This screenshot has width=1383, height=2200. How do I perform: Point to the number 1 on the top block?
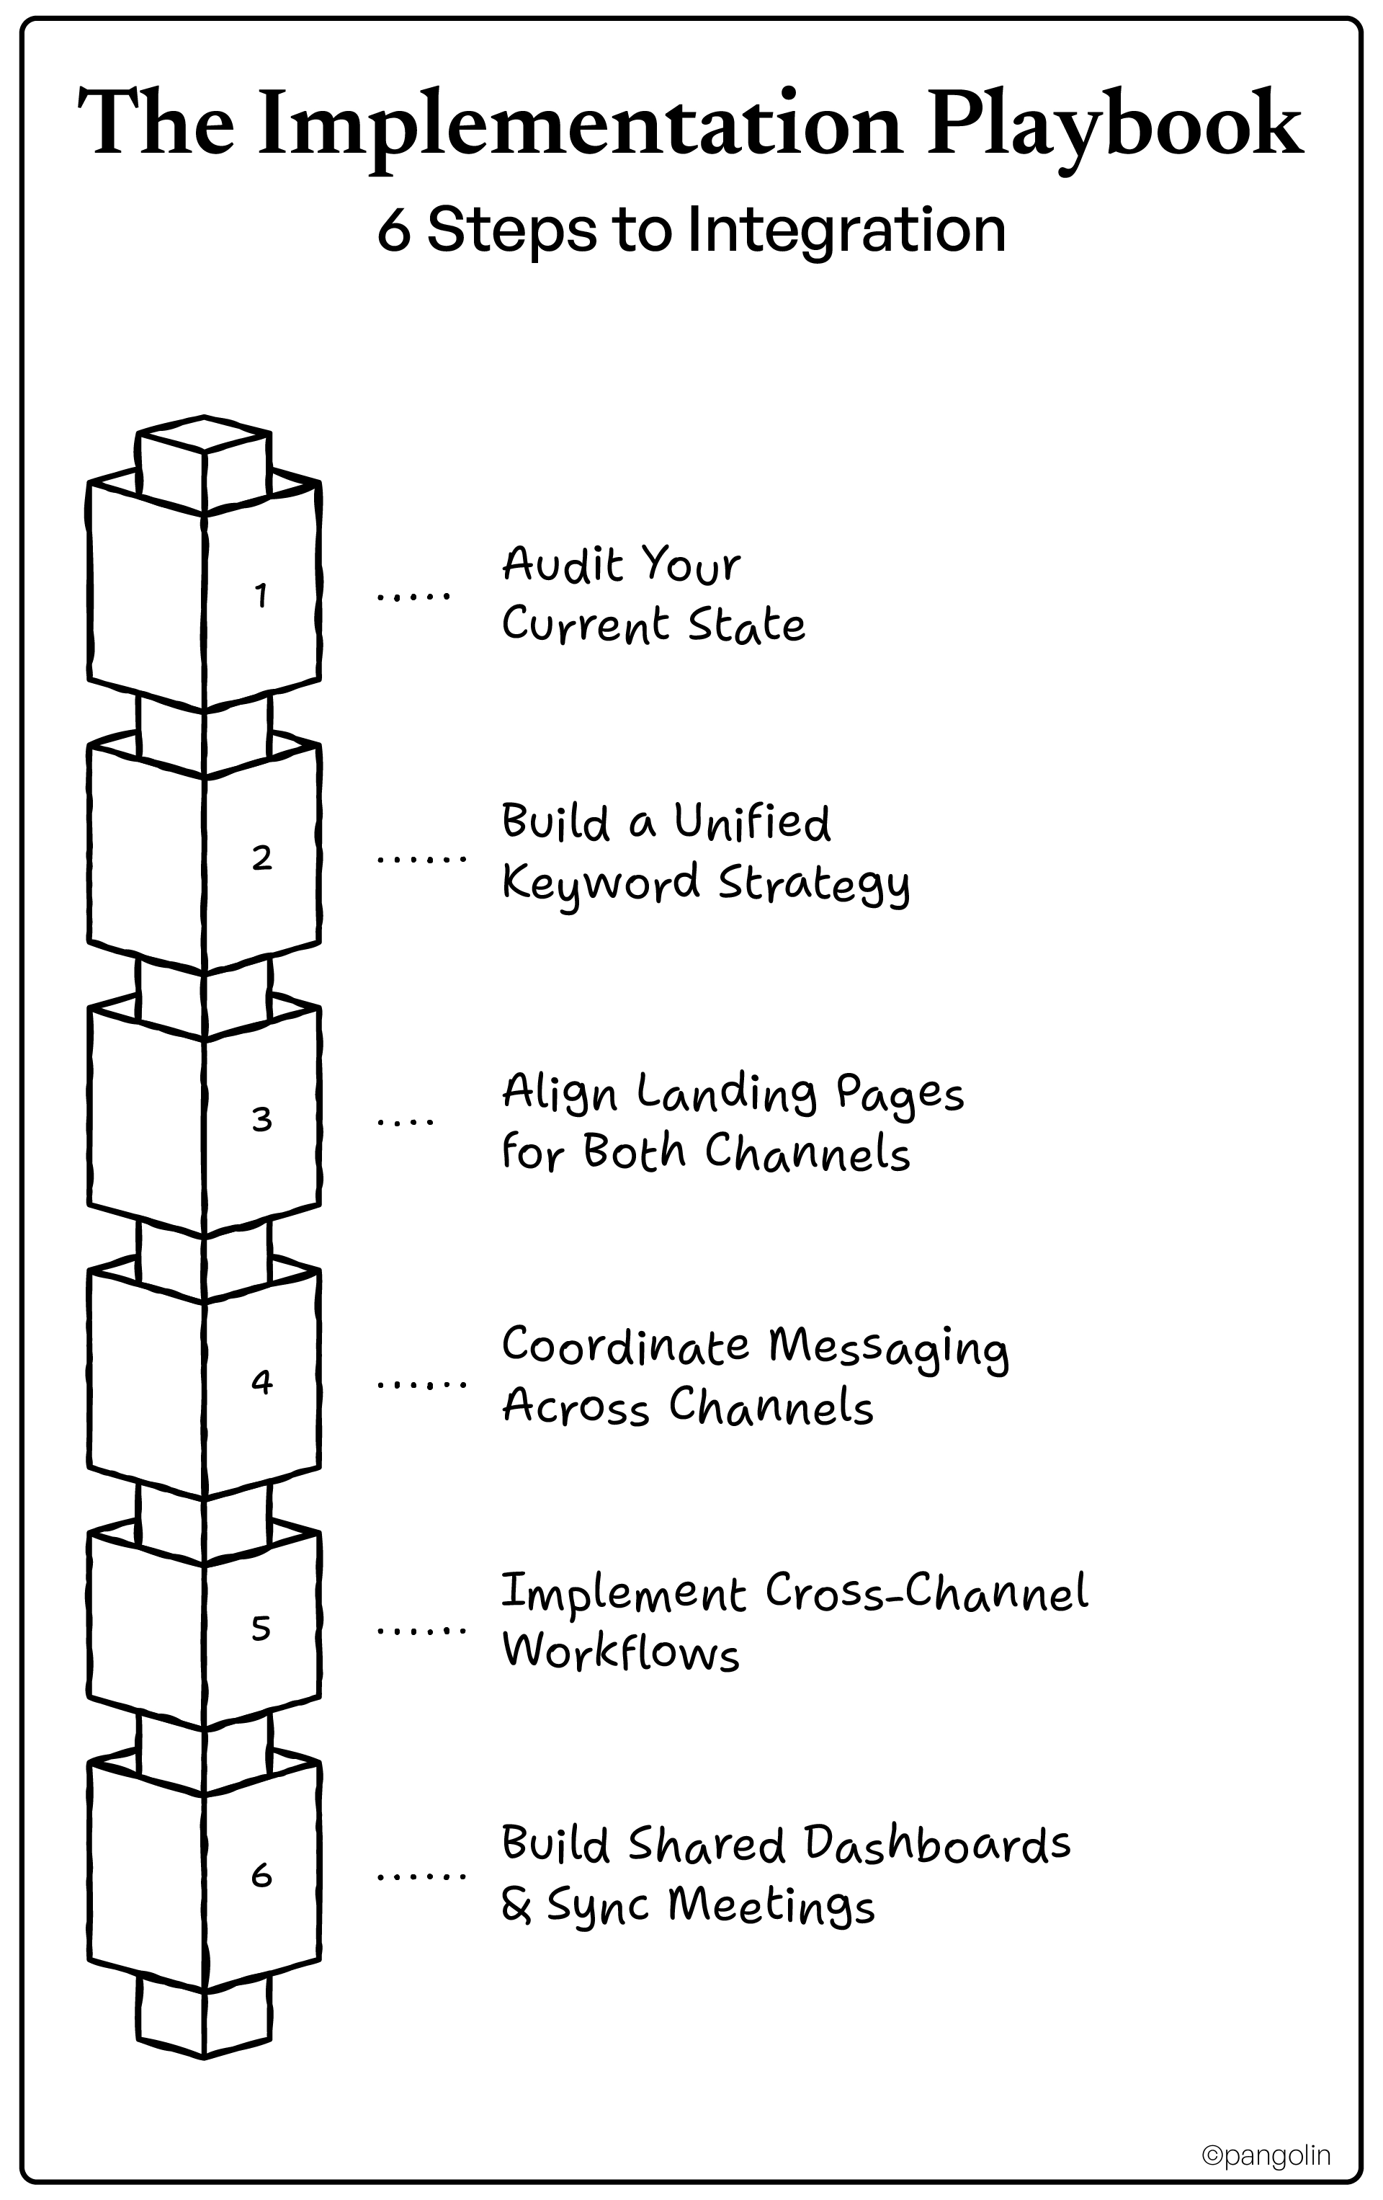[261, 596]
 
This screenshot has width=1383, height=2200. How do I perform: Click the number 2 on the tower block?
[262, 858]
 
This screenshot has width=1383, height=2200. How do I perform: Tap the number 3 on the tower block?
[262, 1119]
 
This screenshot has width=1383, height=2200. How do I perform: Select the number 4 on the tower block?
[262, 1381]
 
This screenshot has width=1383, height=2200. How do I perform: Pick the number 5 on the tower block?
[261, 1627]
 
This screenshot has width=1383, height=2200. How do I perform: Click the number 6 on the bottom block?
[262, 1876]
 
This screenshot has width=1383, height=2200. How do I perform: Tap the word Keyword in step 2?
[601, 884]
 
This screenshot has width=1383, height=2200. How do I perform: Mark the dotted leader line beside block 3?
[406, 1121]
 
